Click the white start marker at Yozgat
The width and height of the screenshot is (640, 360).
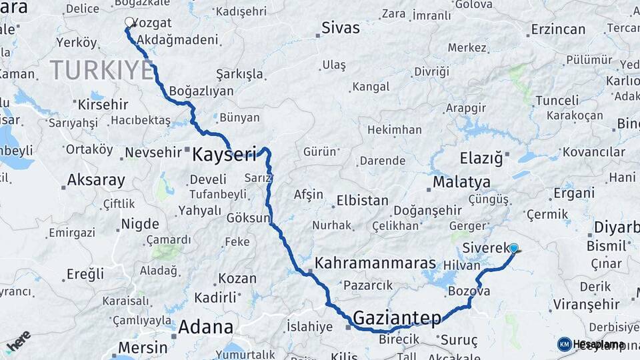129,22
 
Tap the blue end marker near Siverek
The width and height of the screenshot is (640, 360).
513,249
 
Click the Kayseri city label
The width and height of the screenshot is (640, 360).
224,155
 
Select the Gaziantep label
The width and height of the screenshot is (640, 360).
397,317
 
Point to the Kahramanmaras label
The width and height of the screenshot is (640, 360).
375,263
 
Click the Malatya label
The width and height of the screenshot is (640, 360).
461,182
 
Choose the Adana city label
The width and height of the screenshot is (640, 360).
205,327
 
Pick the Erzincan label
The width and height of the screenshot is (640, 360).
558,29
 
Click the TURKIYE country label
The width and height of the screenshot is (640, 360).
101,70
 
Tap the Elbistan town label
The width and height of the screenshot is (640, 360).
362,200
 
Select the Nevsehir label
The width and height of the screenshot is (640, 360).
154,153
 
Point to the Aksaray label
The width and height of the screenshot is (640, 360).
96,180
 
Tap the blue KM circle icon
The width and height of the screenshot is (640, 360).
564,344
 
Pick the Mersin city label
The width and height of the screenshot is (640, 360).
143,347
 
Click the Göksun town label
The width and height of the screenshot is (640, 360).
249,218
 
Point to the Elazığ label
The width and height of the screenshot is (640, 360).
480,158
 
